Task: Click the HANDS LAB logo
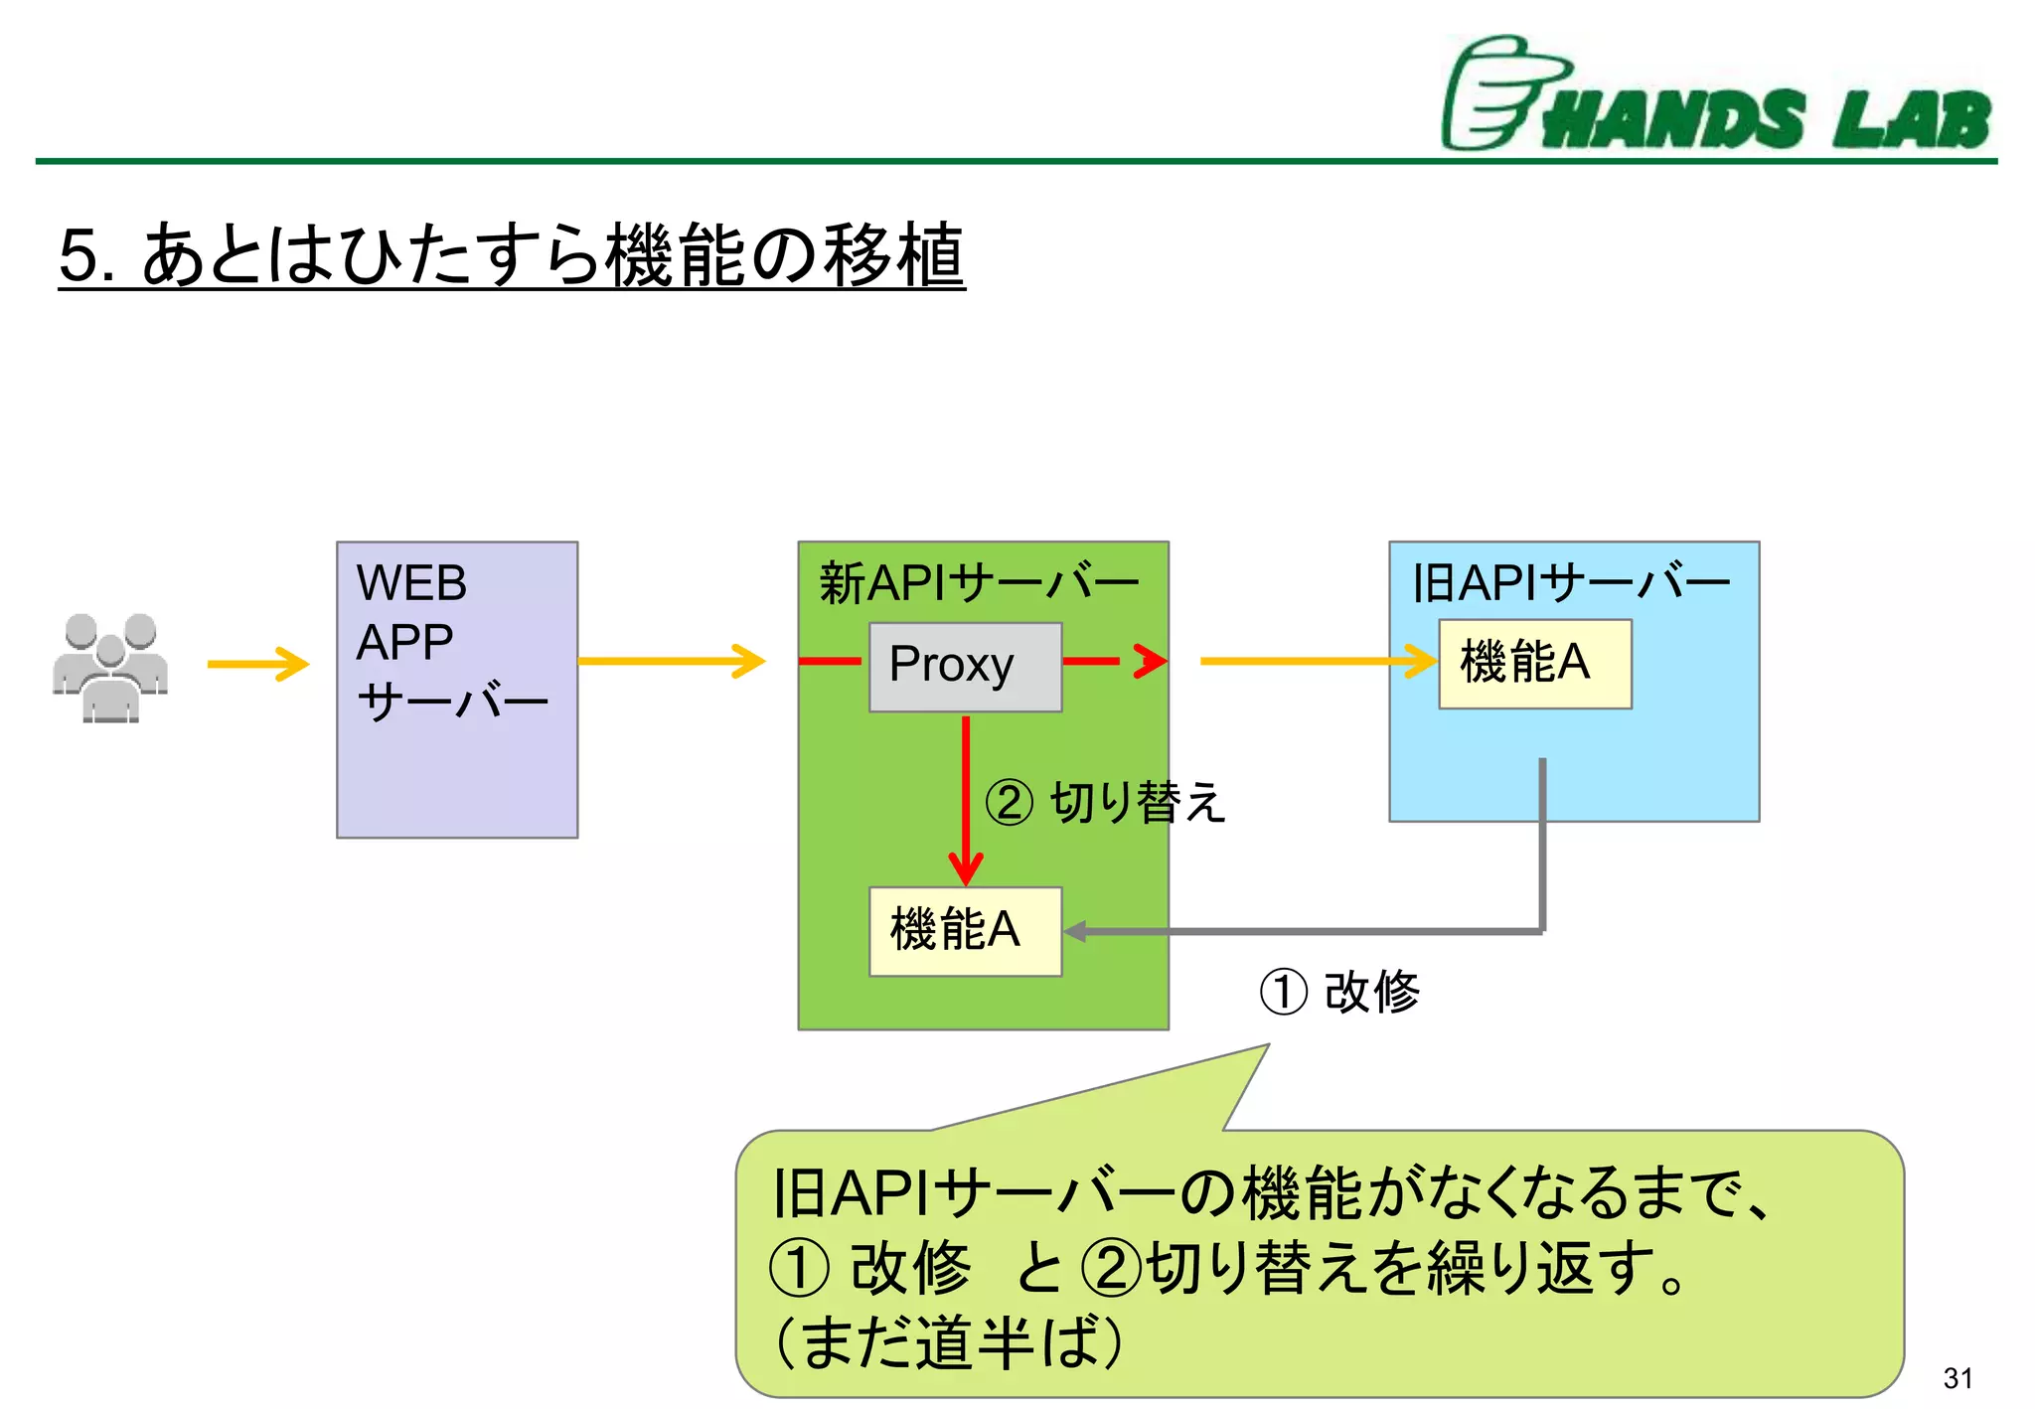[1716, 96]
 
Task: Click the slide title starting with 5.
[511, 255]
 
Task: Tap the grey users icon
[110, 666]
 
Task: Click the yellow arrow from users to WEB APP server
[258, 664]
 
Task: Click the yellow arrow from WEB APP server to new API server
[672, 661]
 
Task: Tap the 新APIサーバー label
[978, 583]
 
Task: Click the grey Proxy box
[965, 667]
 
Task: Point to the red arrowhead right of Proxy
[1151, 661]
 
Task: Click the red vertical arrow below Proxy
[966, 795]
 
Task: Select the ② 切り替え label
[1105, 802]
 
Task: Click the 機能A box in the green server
[965, 931]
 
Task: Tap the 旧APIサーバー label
[1571, 583]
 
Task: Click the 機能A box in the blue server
[1534, 664]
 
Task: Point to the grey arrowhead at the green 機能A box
[1075, 931]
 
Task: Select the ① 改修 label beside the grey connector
[1339, 992]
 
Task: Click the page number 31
[1957, 1378]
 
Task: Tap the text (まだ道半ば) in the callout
[949, 1342]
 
